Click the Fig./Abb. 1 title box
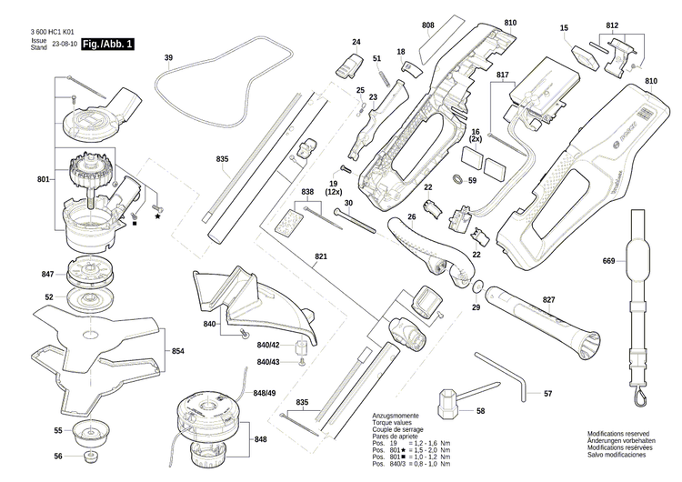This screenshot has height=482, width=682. coord(106,44)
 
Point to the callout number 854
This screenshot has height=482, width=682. coord(178,351)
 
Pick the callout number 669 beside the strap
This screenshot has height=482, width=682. coord(609,261)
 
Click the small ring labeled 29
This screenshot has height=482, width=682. coord(477,288)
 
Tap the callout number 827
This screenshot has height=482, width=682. coord(548,299)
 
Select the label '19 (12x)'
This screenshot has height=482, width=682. coord(333,188)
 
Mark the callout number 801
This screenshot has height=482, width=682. coord(43,180)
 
